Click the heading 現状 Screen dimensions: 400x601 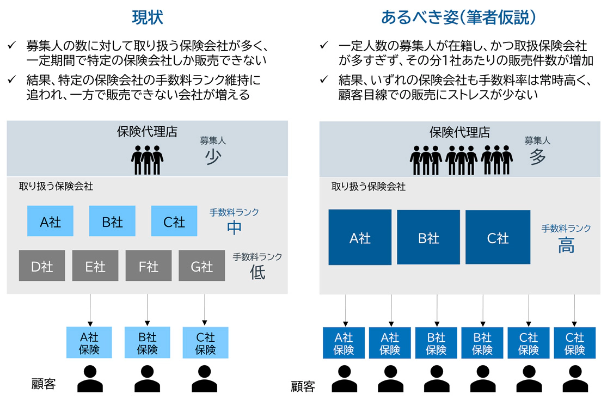[147, 18]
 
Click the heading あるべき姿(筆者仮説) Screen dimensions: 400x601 [459, 18]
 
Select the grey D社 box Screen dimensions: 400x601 [42, 266]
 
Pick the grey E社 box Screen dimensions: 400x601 [95, 266]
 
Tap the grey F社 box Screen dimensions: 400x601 [149, 266]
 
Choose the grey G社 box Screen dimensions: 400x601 [202, 266]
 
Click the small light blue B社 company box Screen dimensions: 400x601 [112, 221]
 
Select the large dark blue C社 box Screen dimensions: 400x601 [498, 237]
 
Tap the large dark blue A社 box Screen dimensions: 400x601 [360, 237]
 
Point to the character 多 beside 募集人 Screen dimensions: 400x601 [537, 157]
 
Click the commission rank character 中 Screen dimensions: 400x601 [235, 227]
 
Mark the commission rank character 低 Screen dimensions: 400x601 [257, 272]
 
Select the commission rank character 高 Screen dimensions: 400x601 [566, 246]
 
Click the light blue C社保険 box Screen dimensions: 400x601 [205, 343]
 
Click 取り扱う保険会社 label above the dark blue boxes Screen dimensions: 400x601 [369, 186]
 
